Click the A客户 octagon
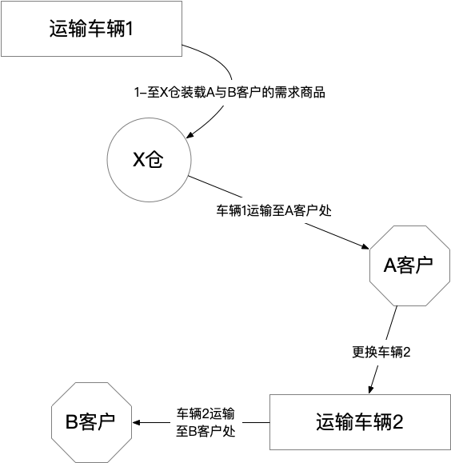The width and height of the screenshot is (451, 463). tap(408, 265)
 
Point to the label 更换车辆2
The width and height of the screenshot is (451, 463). tap(381, 352)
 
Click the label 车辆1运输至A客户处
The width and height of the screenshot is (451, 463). tap(274, 212)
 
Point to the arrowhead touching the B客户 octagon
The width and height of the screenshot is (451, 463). tap(136, 422)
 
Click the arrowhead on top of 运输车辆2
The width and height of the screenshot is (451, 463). tap(370, 389)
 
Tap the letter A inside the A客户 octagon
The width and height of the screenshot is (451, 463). tap(389, 265)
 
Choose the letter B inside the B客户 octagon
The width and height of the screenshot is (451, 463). tap(71, 422)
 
